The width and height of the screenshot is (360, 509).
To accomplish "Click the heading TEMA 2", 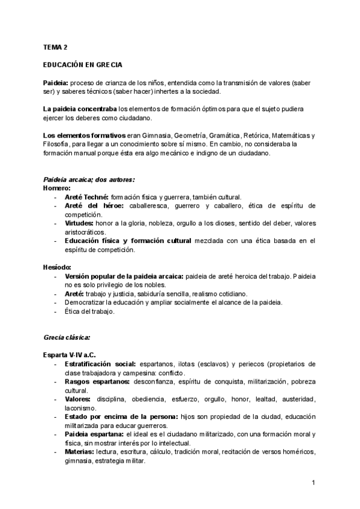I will (55, 46).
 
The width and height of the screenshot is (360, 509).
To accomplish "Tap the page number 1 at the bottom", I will (314, 482).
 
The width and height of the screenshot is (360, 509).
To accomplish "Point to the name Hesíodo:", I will (58, 267).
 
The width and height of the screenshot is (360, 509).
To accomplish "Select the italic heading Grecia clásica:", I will (67, 337).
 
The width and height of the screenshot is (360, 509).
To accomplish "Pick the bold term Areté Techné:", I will (86, 197).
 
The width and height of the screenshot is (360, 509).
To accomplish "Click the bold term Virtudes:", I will (79, 223).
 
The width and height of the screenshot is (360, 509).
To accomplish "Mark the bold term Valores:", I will (78, 399).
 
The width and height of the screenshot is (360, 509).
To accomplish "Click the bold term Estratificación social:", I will (100, 364).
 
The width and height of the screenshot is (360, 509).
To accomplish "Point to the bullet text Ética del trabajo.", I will (89, 312).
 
